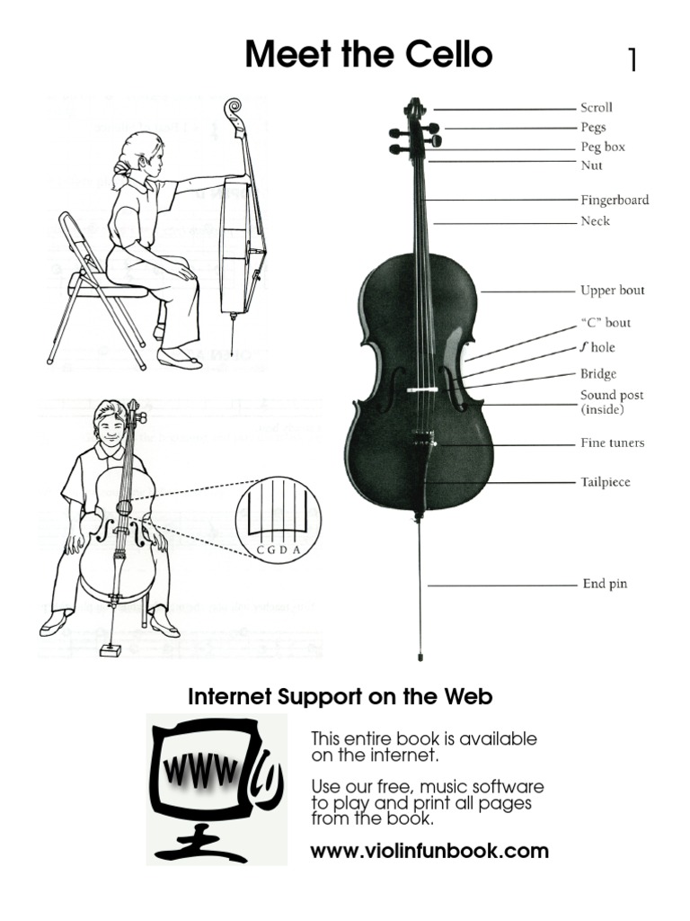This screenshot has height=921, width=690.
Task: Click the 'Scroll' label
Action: click(597, 108)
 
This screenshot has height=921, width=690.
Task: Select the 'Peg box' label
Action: click(602, 147)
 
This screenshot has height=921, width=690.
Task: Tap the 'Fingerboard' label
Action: click(614, 200)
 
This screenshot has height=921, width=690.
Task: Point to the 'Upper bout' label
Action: click(612, 291)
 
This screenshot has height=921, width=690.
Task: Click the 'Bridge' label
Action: click(598, 374)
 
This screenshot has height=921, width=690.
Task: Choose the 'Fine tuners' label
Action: click(612, 443)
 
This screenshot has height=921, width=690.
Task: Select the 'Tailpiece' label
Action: click(606, 482)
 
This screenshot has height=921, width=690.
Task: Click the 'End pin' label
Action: click(604, 584)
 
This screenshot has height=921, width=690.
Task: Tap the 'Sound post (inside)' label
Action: click(611, 402)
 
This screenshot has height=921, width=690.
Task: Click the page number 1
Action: click(632, 60)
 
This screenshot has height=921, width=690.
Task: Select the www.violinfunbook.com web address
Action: click(429, 851)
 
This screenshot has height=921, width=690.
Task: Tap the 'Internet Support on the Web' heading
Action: click(340, 697)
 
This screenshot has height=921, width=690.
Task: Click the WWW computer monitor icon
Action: click(217, 788)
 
